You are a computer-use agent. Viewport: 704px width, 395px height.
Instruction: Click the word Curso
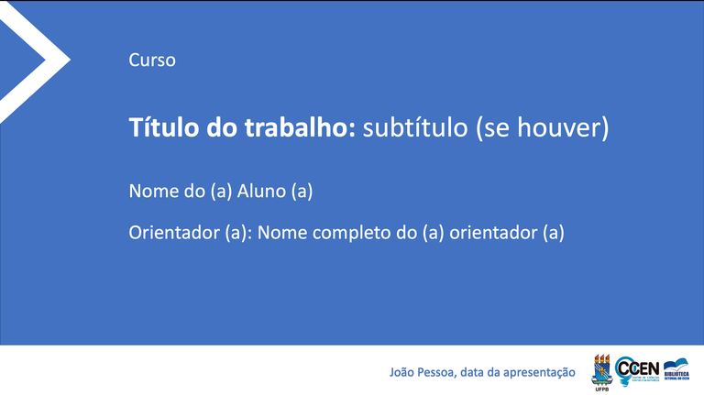point(152,60)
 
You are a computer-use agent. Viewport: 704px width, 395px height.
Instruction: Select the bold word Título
point(156,127)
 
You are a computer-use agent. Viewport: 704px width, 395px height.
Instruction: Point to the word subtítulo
point(414,127)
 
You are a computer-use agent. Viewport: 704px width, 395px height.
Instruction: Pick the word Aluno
point(261,192)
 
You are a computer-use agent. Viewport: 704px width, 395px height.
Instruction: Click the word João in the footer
point(402,372)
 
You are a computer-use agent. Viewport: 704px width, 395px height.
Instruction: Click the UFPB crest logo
point(602,368)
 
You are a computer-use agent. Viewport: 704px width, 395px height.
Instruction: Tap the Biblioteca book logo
point(677,370)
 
